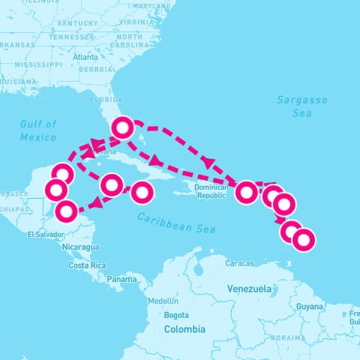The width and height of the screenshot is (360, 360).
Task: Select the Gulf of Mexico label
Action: coord(38,130)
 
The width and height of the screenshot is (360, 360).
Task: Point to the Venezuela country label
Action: coord(249,289)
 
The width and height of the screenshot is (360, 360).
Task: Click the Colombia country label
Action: coord(184,329)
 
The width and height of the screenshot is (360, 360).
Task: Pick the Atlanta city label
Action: coord(85,57)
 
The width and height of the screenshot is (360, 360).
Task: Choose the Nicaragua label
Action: coord(80,247)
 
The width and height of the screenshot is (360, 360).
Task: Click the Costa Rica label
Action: coord(86,265)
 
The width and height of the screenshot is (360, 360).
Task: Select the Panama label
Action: coord(121,279)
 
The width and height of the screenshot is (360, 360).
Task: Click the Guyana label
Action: coord(309,307)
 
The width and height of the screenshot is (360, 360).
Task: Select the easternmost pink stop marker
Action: coord(303,240)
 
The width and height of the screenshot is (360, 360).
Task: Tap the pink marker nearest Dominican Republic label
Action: coord(246,193)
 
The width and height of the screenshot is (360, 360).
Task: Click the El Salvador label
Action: coord(42,235)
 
